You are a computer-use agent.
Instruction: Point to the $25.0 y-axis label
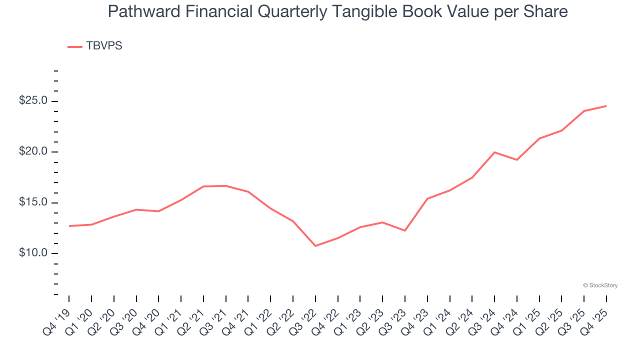click(33, 101)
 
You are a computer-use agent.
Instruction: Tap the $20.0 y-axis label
click(33, 152)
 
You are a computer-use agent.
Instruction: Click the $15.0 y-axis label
click(33, 202)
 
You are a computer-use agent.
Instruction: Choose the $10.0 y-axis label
click(33, 253)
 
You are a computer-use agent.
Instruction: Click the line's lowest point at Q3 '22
click(315, 246)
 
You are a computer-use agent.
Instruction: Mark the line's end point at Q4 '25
click(606, 106)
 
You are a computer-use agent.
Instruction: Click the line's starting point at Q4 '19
click(69, 226)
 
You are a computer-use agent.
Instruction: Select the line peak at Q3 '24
click(494, 152)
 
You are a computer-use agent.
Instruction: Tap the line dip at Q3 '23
click(405, 230)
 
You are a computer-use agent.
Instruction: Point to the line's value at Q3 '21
click(226, 186)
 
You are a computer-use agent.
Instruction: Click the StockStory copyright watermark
click(600, 285)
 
